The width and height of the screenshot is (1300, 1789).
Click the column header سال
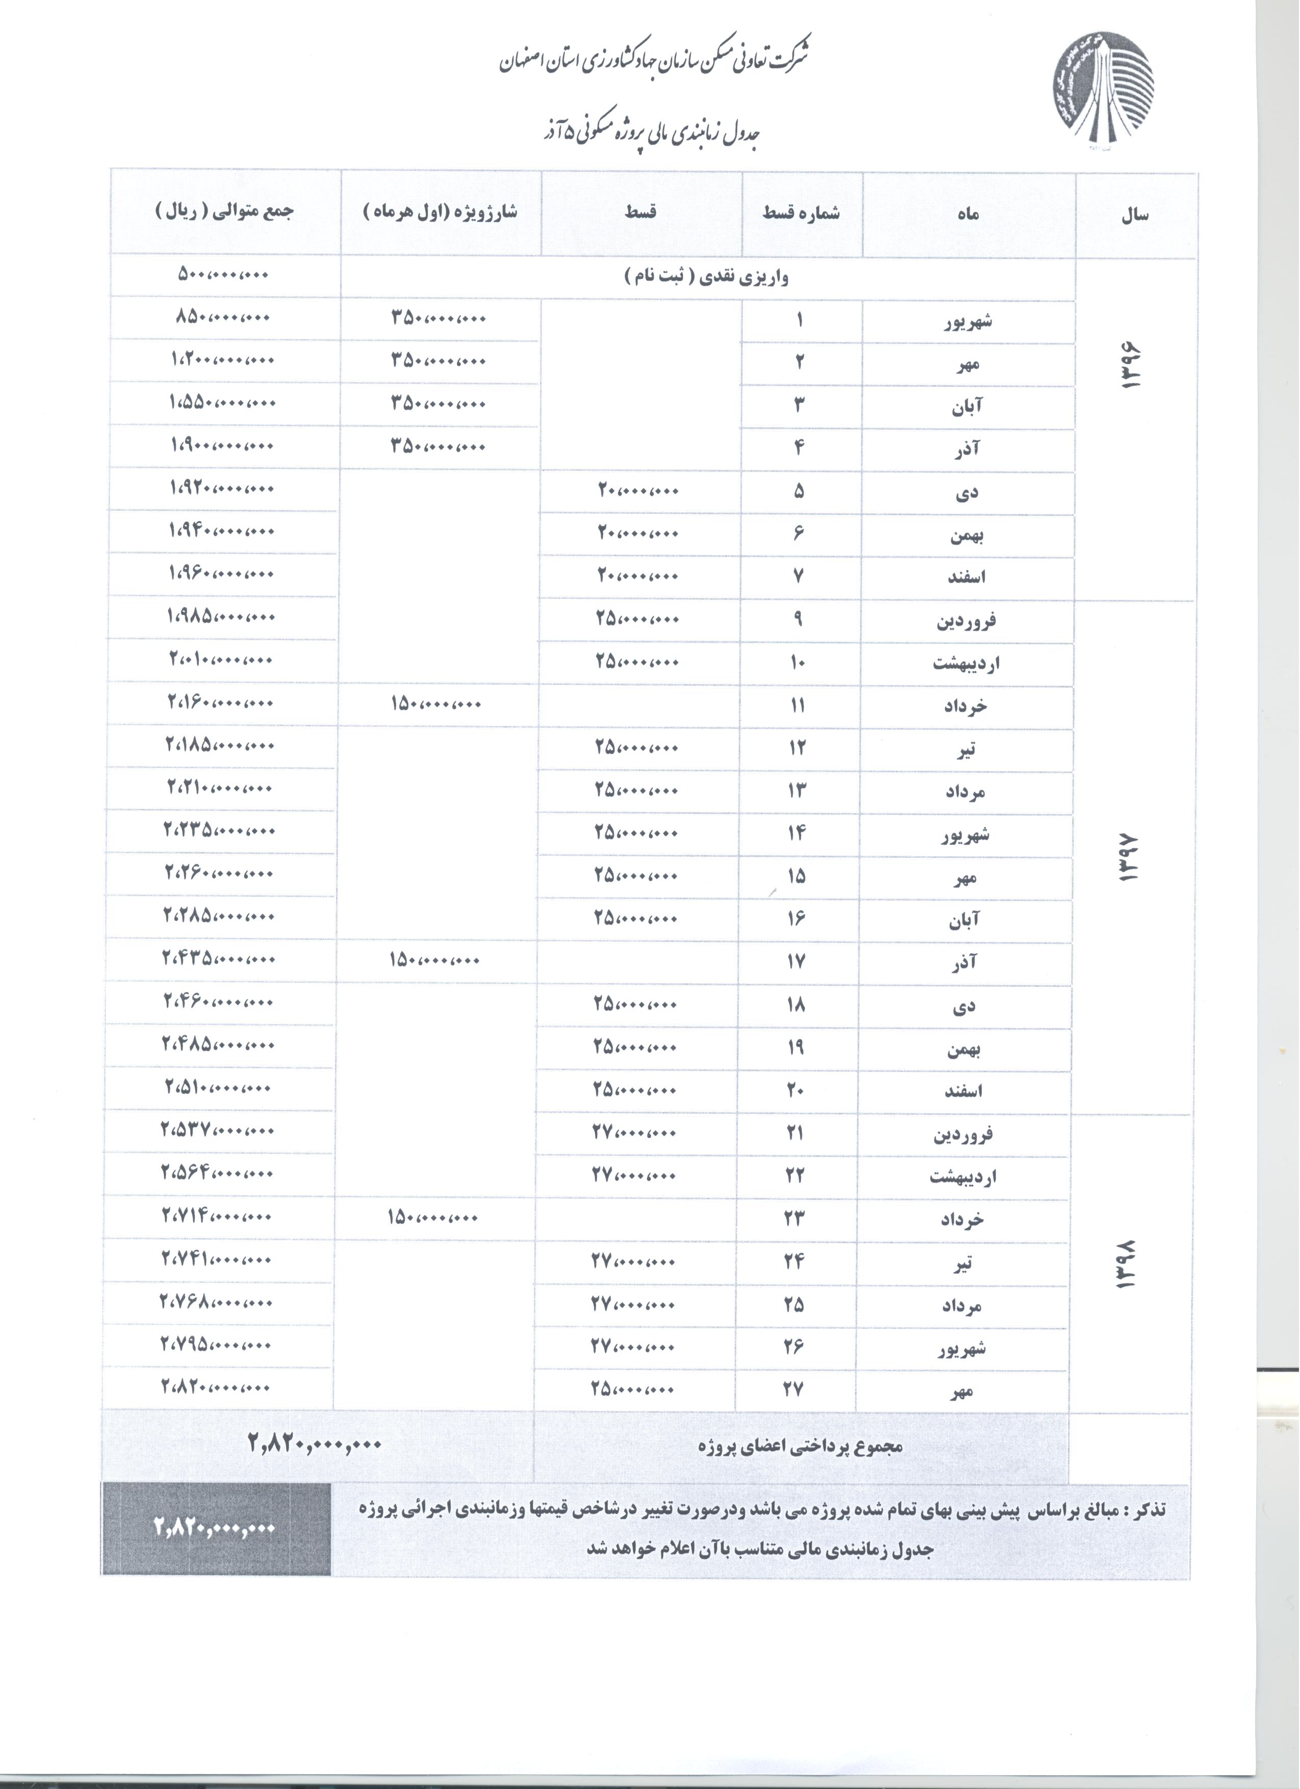(x=1135, y=215)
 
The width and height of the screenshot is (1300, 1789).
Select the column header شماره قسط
(x=801, y=213)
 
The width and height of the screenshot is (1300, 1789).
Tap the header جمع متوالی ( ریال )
(x=223, y=212)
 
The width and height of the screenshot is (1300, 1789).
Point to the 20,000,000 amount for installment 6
(x=637, y=533)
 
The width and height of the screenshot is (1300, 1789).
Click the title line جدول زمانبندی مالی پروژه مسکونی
(x=647, y=134)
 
